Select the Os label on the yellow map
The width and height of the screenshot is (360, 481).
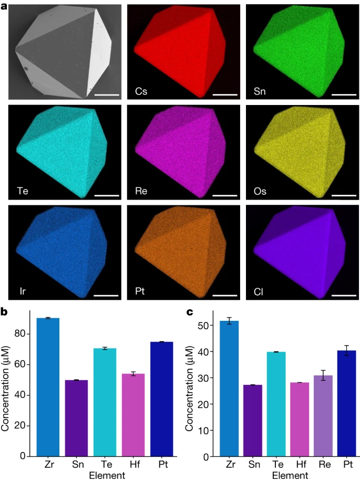coord(260,191)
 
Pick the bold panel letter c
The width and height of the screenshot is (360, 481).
coord(191,313)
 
